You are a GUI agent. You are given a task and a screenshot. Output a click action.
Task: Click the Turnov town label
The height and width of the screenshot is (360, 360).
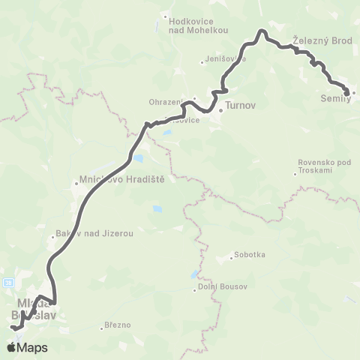(x=241, y=107)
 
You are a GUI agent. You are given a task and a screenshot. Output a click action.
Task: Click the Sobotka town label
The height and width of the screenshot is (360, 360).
(x=249, y=254)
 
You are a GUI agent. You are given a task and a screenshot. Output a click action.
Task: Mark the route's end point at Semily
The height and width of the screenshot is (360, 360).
(x=347, y=92)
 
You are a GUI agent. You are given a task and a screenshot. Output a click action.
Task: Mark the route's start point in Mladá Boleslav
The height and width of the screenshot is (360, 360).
(x=11, y=328)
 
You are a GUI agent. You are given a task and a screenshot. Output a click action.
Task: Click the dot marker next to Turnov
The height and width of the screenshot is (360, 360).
(x=220, y=113)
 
